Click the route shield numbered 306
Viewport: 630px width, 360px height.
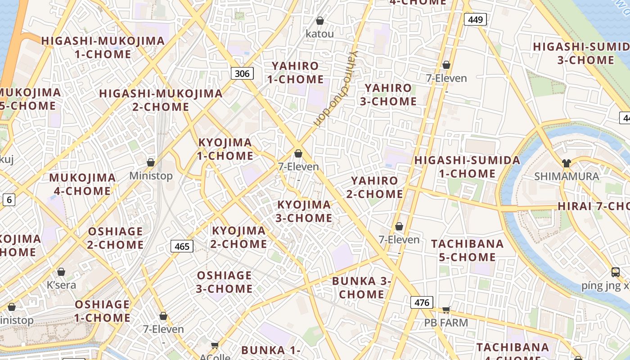[242, 73]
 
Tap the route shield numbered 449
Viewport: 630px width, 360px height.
[475, 19]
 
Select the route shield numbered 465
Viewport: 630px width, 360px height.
[182, 246]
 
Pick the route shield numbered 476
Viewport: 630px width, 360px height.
[422, 302]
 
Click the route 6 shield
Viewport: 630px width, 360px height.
[9, 200]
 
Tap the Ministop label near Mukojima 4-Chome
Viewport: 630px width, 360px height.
[151, 175]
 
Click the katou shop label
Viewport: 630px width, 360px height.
[320, 34]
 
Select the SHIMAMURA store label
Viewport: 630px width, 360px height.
[567, 176]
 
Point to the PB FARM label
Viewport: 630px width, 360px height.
[446, 323]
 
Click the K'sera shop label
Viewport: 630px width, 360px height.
[61, 285]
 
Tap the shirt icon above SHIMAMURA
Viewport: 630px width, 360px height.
[566, 163]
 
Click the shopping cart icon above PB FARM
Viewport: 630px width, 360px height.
[446, 310]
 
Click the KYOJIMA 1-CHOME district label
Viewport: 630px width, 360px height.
[225, 149]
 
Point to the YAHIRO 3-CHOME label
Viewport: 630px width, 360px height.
[388, 94]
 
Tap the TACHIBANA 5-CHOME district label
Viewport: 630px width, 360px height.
[467, 250]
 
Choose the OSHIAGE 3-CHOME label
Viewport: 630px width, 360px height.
[224, 282]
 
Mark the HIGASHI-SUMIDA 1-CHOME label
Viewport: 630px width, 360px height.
[467, 167]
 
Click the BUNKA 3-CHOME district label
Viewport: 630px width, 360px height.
[361, 288]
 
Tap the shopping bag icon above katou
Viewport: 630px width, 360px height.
[320, 21]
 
